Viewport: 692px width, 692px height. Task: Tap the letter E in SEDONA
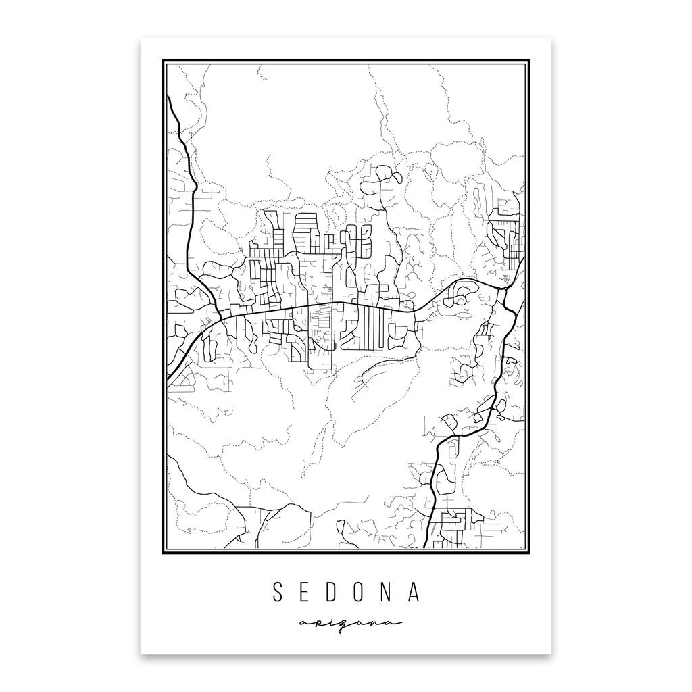pyautogui.click(x=305, y=592)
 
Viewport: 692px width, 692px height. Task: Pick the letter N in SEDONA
pyautogui.click(x=390, y=592)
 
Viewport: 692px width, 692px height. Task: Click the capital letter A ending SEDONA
pyautogui.click(x=416, y=592)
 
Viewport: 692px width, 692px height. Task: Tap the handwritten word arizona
pyautogui.click(x=346, y=622)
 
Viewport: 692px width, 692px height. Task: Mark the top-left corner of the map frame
pyautogui.click(x=164, y=61)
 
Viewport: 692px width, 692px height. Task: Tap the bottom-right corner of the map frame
pyautogui.click(x=528, y=552)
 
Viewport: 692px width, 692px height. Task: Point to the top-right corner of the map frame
pyautogui.click(x=528, y=61)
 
